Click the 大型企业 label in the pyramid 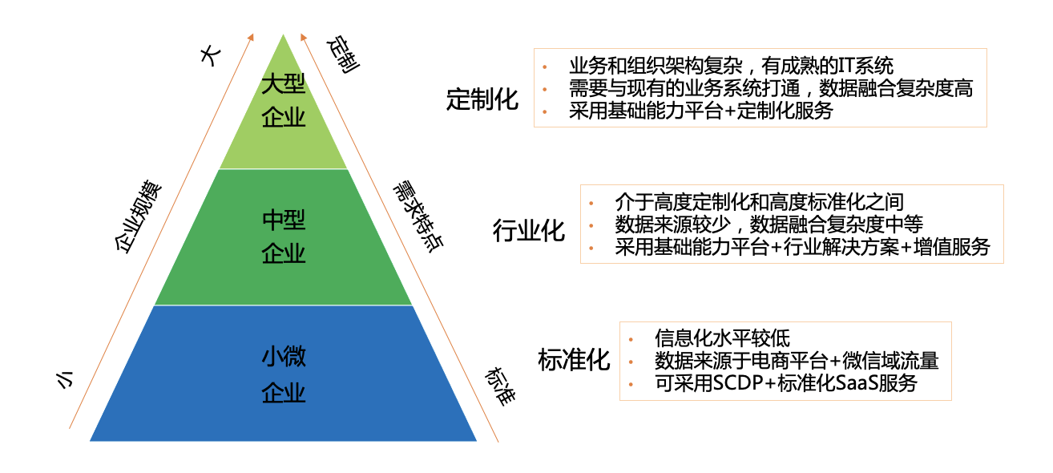point(284,101)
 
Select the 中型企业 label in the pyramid point(284,236)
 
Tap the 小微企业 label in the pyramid point(284,374)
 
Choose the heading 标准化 point(574,360)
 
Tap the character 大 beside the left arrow point(210,56)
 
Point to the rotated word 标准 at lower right point(498,386)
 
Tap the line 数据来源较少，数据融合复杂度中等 point(769,224)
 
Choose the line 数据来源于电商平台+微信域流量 point(797,361)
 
